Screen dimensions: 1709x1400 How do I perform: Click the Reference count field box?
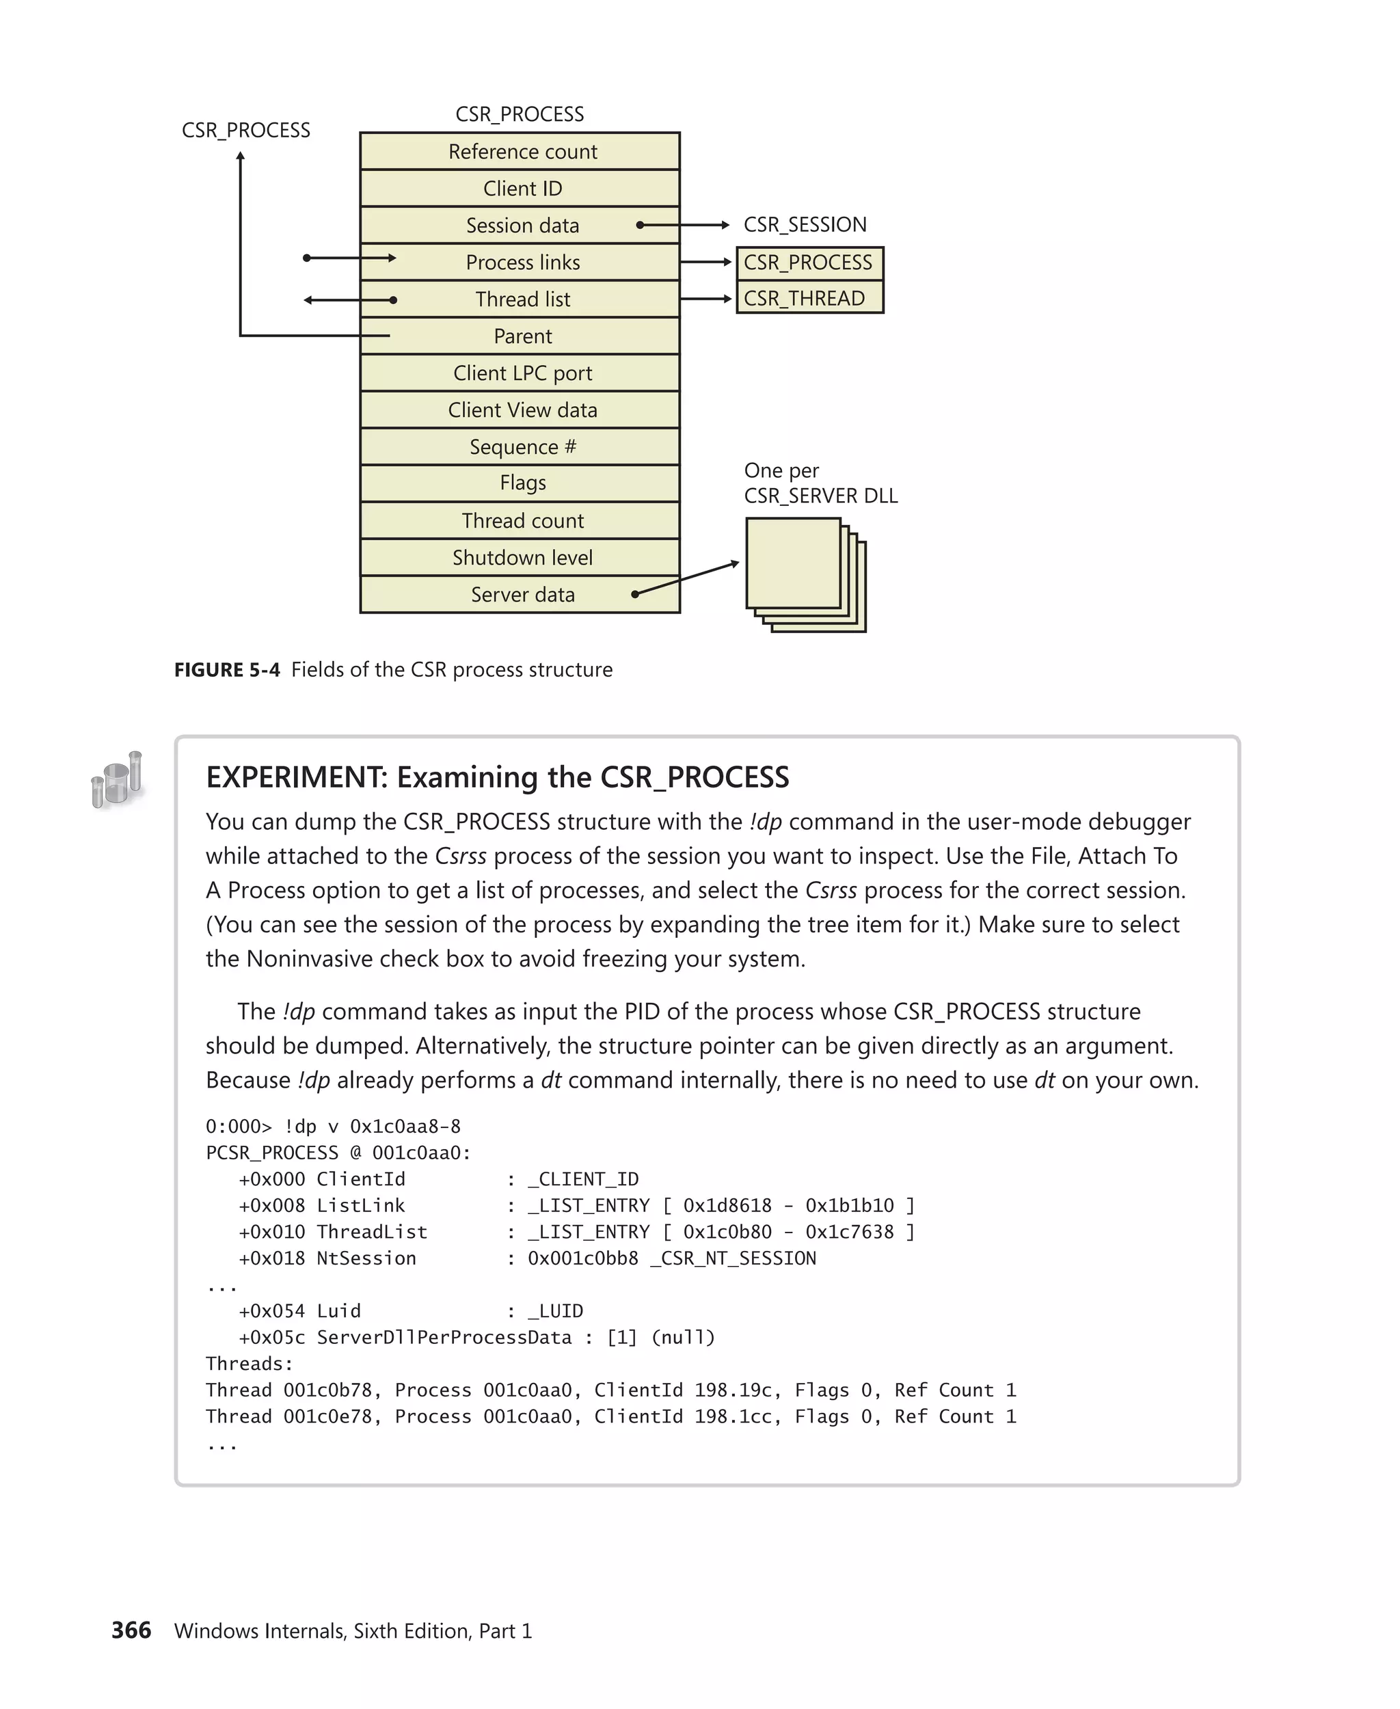tap(520, 152)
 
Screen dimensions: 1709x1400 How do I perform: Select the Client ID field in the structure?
tap(520, 189)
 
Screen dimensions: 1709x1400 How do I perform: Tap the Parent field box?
tap(520, 336)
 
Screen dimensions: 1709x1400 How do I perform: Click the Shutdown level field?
tap(520, 557)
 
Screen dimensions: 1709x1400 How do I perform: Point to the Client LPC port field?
tap(520, 373)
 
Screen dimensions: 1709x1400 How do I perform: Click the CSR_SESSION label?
tap(804, 225)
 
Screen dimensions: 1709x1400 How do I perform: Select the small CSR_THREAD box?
tap(809, 299)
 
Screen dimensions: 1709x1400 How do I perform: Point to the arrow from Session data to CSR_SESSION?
tap(684, 225)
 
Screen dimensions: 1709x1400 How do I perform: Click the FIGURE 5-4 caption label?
tap(227, 670)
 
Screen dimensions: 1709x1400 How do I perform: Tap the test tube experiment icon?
tap(117, 779)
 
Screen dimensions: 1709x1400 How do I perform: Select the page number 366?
tap(131, 1630)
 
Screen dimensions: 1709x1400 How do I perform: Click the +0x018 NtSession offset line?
tap(327, 1258)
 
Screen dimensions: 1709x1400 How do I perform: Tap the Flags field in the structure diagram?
tap(520, 483)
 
